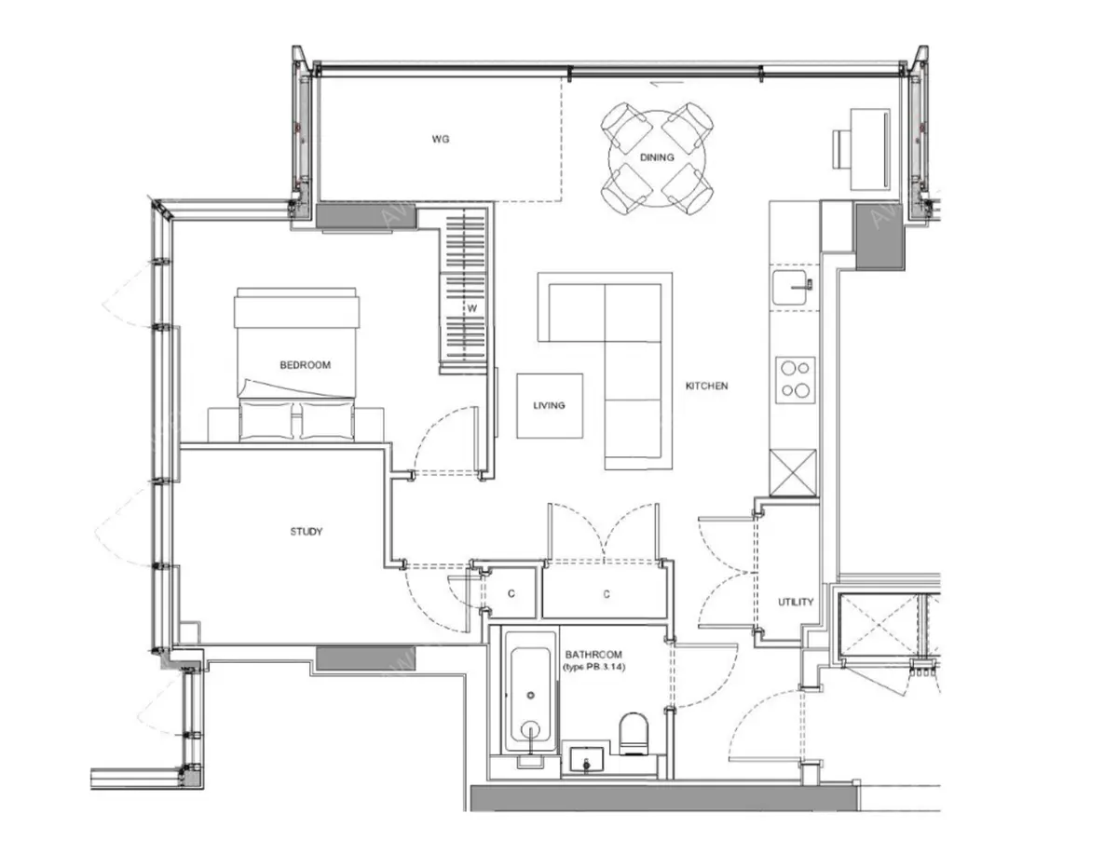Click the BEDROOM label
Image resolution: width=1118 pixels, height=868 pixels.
305,365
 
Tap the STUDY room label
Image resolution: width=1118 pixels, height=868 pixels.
307,532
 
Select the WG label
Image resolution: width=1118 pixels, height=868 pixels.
441,139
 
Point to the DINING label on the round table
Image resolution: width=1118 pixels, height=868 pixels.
657,157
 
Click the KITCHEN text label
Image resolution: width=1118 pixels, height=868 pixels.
706,386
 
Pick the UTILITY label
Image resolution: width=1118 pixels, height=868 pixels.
796,602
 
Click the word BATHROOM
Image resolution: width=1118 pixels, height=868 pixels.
593,655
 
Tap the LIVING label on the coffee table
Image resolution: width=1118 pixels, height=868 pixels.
549,405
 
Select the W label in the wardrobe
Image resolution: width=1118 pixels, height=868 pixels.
471,308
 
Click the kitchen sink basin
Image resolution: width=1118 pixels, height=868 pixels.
793,288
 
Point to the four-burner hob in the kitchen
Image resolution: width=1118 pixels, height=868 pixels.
796,380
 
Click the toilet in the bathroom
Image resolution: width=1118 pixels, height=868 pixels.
634,734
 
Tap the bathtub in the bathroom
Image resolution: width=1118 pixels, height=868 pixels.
530,692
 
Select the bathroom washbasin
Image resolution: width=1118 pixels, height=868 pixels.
587,761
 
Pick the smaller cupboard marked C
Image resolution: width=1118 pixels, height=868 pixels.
511,593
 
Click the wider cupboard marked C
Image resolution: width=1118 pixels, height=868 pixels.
607,593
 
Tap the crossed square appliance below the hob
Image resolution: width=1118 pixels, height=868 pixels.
793,472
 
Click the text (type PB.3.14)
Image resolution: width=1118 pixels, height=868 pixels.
594,668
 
